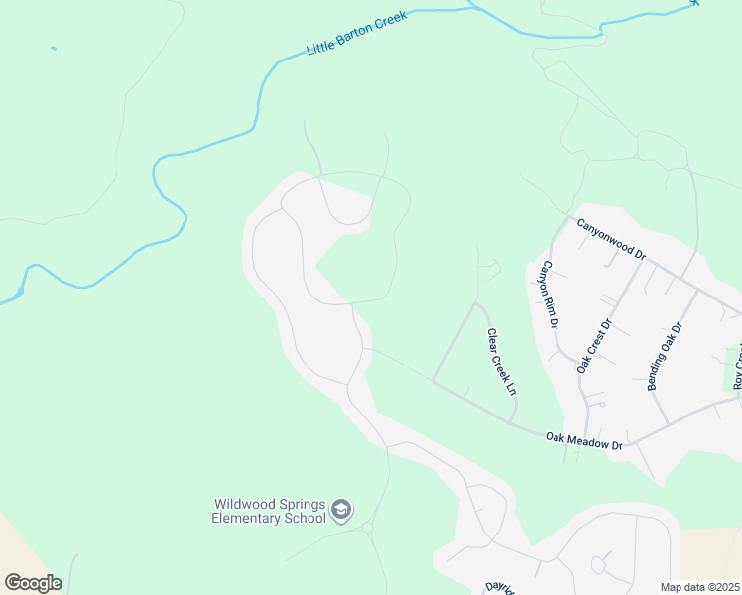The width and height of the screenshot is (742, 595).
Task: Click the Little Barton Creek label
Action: (358, 34)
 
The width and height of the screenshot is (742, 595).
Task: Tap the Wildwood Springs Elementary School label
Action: (269, 511)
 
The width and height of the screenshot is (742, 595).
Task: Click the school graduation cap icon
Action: (341, 510)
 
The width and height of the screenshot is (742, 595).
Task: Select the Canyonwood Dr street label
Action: (611, 238)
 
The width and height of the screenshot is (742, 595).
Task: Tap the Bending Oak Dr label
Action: (666, 355)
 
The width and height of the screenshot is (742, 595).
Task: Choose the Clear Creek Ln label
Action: (500, 362)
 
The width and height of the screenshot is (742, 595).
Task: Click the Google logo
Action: (33, 582)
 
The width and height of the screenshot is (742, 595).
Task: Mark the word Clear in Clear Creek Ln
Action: (490, 340)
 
